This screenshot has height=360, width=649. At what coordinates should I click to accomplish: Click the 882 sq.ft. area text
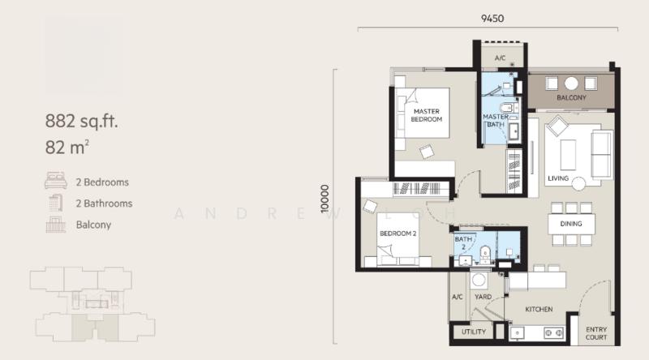(x=82, y=123)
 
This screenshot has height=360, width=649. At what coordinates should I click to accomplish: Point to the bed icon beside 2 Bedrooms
(x=56, y=182)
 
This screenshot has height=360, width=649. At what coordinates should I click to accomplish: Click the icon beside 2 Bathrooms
(x=56, y=204)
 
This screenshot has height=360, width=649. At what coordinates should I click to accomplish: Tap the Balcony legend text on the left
(x=93, y=225)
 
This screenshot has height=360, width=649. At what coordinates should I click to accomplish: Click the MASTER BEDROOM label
(x=427, y=115)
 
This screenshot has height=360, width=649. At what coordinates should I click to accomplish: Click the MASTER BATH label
(x=496, y=121)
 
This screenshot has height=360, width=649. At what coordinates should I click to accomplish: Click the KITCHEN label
(x=539, y=309)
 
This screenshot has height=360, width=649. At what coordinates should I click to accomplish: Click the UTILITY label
(x=474, y=332)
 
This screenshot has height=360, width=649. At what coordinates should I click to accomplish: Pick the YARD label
(x=483, y=296)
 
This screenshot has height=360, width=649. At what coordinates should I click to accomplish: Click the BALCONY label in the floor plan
(x=571, y=98)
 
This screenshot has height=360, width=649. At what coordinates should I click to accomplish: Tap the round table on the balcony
(x=571, y=83)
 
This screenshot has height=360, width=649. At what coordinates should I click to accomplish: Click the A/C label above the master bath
(x=500, y=58)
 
